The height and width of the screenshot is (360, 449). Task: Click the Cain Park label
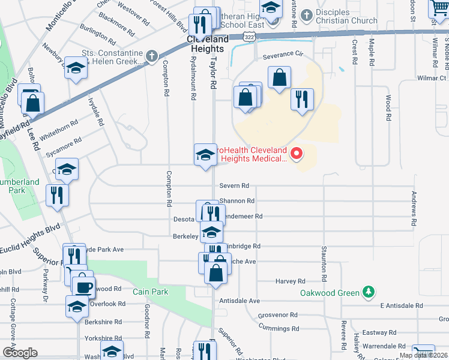pyautogui.click(x=151, y=292)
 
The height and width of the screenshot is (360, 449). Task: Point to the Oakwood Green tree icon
pyautogui.click(x=369, y=293)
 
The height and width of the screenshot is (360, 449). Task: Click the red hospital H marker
pyautogui.click(x=296, y=154)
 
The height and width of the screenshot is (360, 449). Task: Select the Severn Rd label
pyautogui.click(x=234, y=186)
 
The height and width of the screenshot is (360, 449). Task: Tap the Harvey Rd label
pyautogui.click(x=291, y=281)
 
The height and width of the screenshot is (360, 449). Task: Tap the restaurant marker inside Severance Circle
pyautogui.click(x=302, y=98)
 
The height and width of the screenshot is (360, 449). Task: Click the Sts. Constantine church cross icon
pyautogui.click(x=151, y=57)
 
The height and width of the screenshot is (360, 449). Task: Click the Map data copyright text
pyautogui.click(x=423, y=355)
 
